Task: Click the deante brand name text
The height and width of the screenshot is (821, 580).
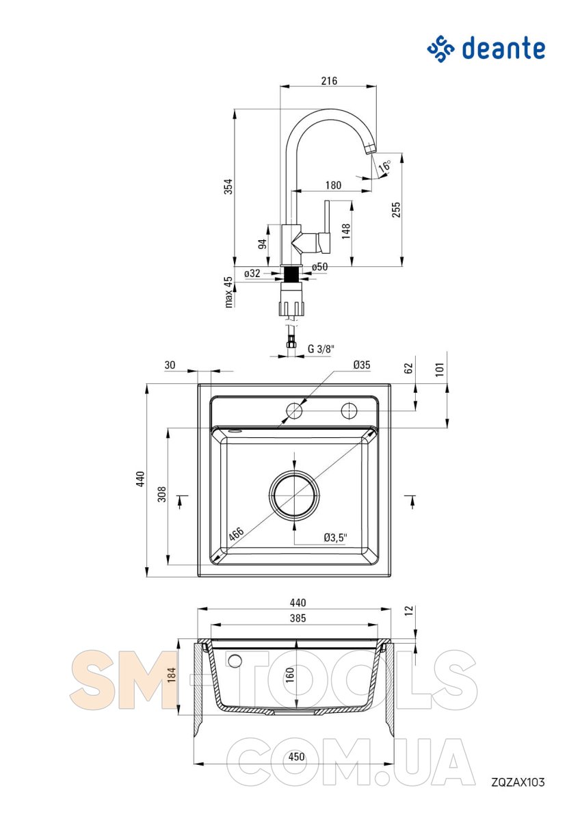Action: [503, 49]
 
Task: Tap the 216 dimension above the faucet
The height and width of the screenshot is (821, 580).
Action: [329, 81]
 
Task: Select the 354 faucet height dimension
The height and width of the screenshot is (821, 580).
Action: [228, 186]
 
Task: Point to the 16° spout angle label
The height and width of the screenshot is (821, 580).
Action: [384, 166]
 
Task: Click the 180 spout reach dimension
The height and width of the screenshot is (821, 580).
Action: [333, 185]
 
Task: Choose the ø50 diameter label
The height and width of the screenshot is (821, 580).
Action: [319, 267]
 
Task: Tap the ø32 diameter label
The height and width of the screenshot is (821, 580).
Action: [252, 273]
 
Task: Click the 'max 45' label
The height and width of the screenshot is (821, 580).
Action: [228, 292]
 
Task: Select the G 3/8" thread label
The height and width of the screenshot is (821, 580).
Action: [321, 348]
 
